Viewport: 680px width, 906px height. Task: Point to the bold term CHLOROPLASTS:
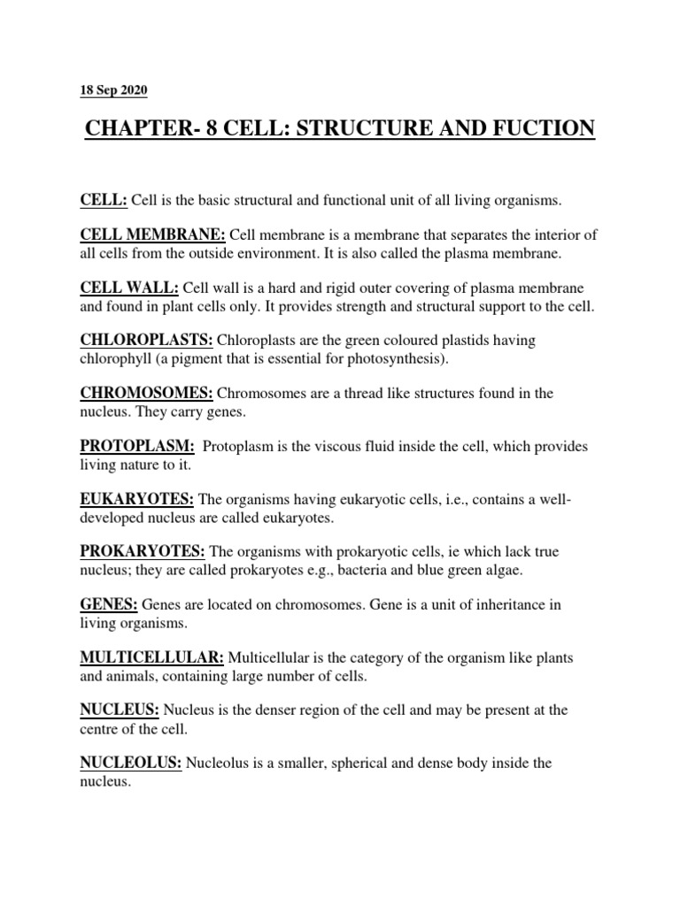(146, 341)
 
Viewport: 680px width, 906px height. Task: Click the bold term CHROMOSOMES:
(147, 393)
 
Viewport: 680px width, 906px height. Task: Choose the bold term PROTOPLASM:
(137, 446)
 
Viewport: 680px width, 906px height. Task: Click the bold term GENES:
(109, 604)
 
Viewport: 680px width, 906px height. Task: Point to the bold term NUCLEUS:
(120, 710)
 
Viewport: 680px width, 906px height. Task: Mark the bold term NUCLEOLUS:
(131, 763)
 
